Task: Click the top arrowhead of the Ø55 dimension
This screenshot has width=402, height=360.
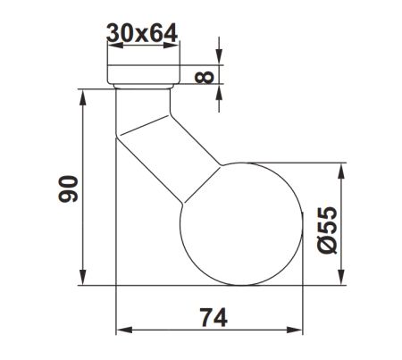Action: [343, 167]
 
